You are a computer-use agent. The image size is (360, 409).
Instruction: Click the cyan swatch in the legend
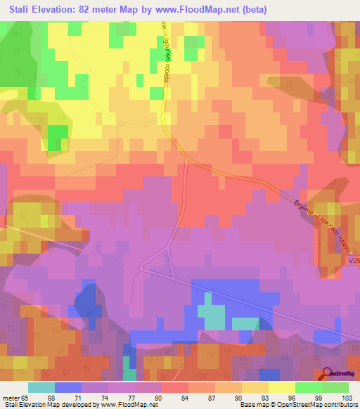coord(41,387)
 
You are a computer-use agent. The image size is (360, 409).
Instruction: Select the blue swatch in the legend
coord(68,387)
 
